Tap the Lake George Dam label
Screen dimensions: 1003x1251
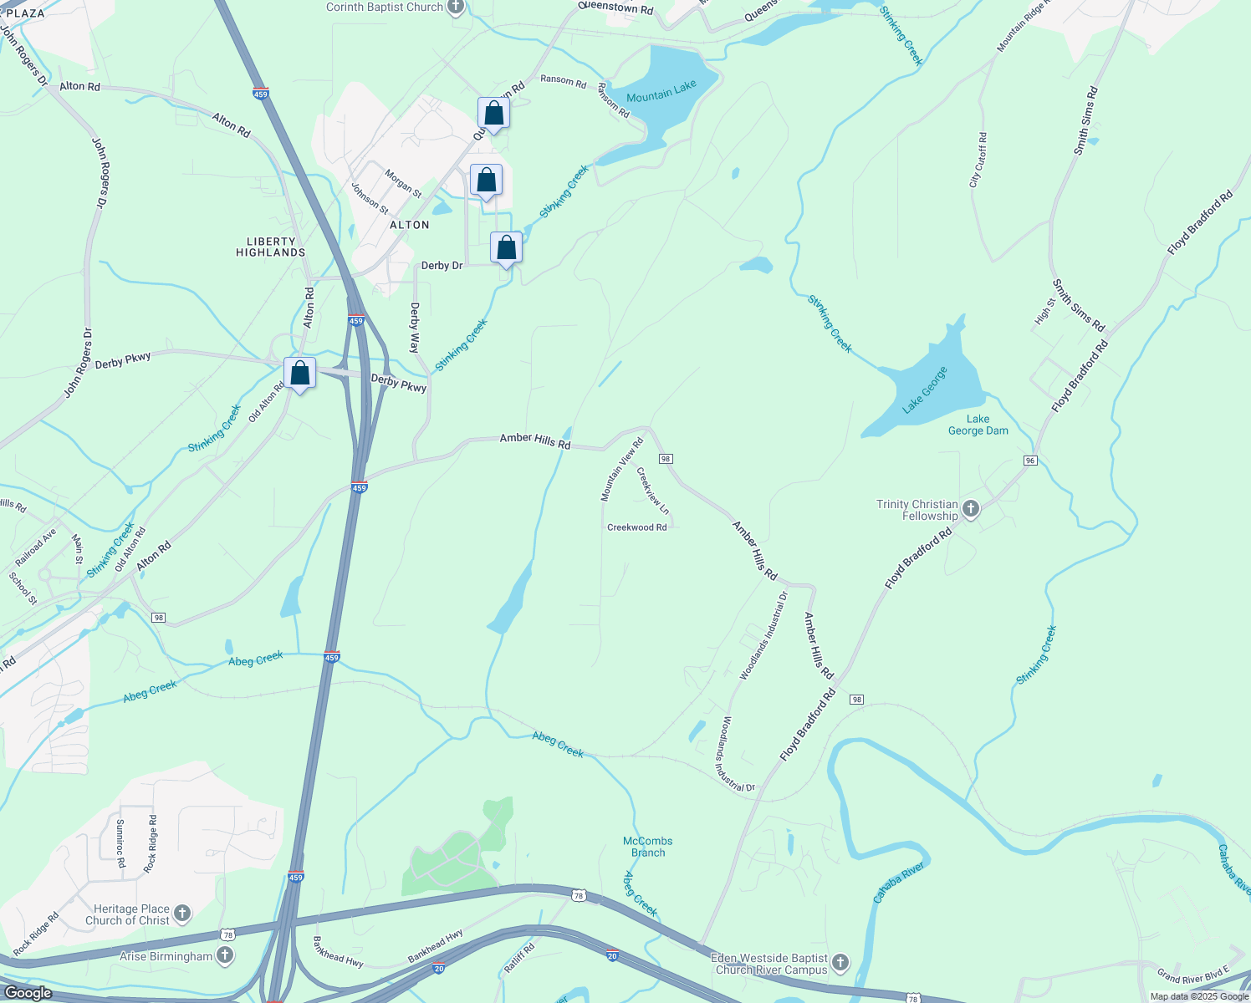(x=978, y=425)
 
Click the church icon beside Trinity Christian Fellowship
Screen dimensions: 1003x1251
(x=970, y=508)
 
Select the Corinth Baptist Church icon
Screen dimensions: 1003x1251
(x=455, y=8)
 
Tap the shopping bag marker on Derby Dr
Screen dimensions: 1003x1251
(x=506, y=249)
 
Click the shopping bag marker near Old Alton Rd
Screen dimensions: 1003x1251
(x=299, y=374)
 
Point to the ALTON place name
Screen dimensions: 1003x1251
(x=410, y=225)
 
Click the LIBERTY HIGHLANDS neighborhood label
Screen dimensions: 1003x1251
(x=270, y=247)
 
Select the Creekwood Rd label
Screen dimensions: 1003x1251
(x=637, y=527)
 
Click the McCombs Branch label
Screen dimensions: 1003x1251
(x=648, y=847)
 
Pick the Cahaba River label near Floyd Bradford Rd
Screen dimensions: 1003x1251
(x=900, y=883)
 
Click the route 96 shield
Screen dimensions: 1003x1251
(x=1030, y=461)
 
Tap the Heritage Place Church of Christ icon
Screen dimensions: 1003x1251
(x=182, y=914)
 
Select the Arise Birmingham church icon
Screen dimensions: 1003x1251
(x=224, y=955)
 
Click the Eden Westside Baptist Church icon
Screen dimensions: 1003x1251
(x=840, y=964)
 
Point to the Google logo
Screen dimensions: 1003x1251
(x=28, y=993)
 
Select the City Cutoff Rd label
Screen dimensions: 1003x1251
(x=978, y=160)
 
